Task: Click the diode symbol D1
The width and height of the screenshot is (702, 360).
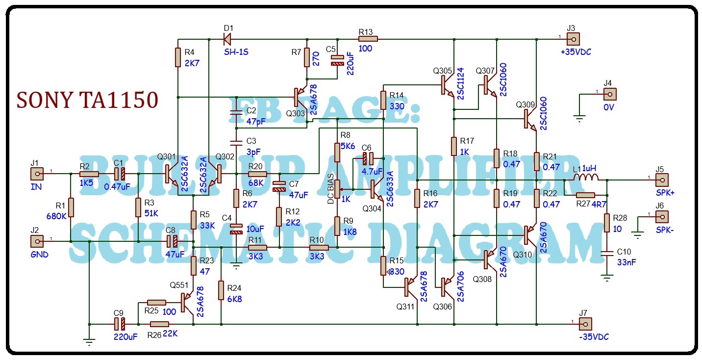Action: coord(227,39)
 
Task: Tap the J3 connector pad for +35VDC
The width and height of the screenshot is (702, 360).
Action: coord(574,39)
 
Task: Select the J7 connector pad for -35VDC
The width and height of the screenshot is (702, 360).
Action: coord(585,324)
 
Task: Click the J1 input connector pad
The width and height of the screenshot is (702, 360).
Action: coord(37,174)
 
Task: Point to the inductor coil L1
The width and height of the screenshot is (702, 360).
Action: coord(586,178)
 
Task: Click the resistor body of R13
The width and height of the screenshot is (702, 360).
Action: coord(368,39)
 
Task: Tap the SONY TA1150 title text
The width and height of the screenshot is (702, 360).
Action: coord(87,100)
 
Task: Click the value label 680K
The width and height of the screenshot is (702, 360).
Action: coord(56,216)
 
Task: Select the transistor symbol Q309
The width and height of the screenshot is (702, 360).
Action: coord(530,119)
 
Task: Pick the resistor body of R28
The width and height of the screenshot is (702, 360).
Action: coord(607,223)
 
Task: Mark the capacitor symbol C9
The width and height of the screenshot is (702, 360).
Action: coord(120,324)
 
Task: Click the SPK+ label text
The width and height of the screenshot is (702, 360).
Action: coord(665,193)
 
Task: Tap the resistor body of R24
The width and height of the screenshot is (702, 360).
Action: coord(221,290)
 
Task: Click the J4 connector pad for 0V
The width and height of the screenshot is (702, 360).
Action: coord(610,94)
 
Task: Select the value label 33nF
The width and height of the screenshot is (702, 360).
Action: coord(627,262)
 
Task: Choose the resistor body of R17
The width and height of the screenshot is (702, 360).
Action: coord(454,147)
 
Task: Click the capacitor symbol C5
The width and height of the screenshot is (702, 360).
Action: coord(338,60)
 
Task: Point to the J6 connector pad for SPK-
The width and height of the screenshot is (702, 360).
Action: coord(662,217)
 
